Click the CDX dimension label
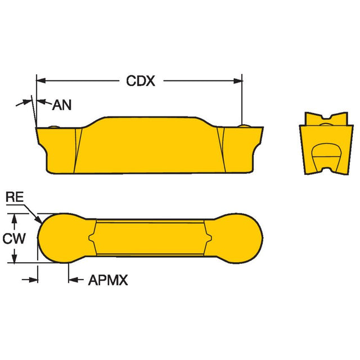pyautogui.click(x=141, y=81)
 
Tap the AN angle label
pyautogui.click(x=62, y=105)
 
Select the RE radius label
pyautogui.click(x=15, y=197)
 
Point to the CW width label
pyautogui.click(x=13, y=238)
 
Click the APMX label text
pyautogui.click(x=108, y=280)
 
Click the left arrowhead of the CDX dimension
pyautogui.click(x=41, y=80)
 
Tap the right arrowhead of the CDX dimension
pyautogui.click(x=237, y=80)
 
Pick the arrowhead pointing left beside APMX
pyautogui.click(x=73, y=280)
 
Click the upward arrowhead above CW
pyautogui.click(x=15, y=218)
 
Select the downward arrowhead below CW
pyautogui.click(x=15, y=259)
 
